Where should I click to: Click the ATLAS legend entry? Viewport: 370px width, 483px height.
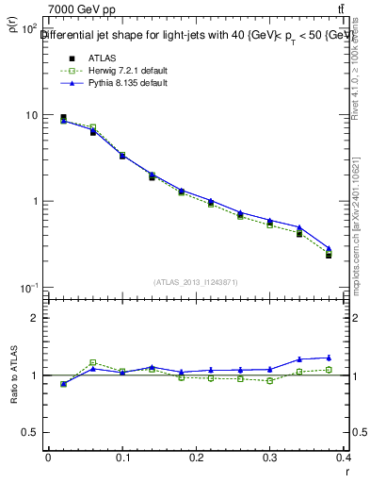coord(89,58)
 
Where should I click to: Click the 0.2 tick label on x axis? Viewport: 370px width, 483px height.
coord(196,458)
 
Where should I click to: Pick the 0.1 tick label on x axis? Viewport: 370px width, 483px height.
coord(121,458)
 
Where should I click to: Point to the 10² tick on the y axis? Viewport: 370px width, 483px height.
coord(29,29)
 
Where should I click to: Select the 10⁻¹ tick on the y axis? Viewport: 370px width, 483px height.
coord(29,288)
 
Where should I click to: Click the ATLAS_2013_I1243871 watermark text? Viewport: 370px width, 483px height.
coord(196,282)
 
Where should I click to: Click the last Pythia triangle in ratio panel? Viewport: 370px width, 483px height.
coord(329,358)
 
